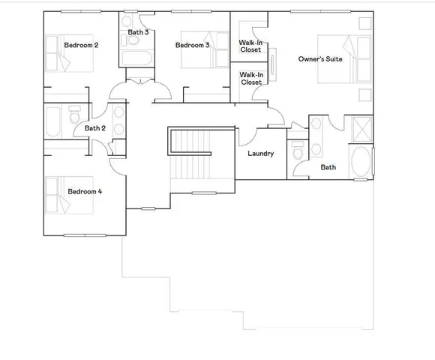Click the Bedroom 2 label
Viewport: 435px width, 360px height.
click(x=81, y=45)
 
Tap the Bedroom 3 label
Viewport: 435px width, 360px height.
click(x=193, y=46)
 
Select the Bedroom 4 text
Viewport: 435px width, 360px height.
click(x=85, y=191)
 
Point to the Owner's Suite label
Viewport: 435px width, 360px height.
click(x=320, y=58)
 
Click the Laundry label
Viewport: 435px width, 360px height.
click(x=260, y=154)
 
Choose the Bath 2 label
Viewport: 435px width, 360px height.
click(x=95, y=128)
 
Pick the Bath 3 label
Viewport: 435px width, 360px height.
click(x=138, y=32)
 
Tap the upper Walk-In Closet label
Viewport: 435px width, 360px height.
click(x=250, y=46)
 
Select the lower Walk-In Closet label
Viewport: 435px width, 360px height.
click(x=250, y=78)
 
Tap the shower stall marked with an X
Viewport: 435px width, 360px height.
click(x=361, y=128)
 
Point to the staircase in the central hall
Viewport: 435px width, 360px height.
click(x=191, y=154)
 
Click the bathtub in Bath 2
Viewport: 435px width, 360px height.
click(x=55, y=121)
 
